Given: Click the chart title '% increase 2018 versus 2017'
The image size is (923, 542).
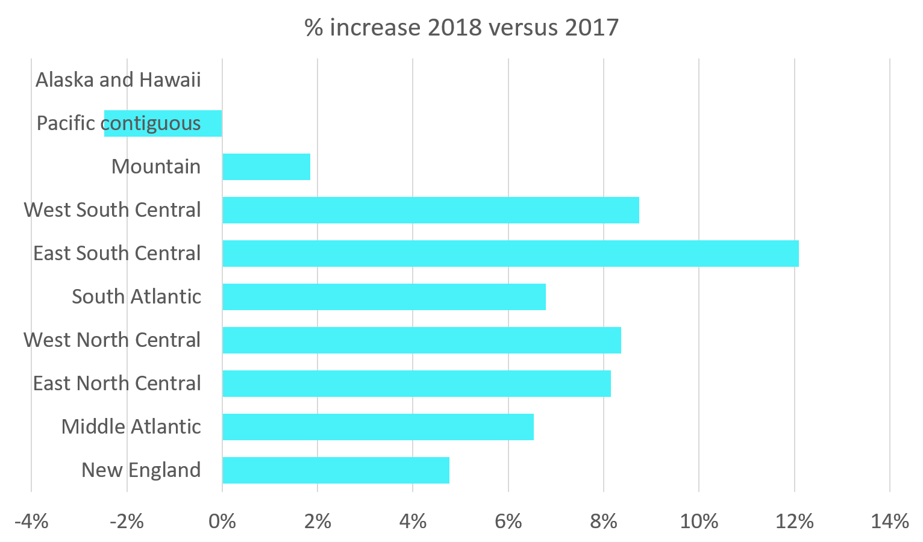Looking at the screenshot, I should click(461, 28).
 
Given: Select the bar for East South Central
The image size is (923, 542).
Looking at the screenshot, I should click(510, 254).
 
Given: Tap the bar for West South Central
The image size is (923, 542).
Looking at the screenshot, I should click(431, 210).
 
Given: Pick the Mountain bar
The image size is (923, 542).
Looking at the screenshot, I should click(266, 167).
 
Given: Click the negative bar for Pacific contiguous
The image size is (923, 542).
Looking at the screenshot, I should click(163, 123).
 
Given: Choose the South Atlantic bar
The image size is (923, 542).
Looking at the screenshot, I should click(384, 297).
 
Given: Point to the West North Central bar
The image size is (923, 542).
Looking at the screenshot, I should click(422, 340).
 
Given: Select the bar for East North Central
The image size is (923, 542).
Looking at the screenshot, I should click(416, 384).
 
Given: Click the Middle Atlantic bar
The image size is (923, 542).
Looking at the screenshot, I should click(378, 427).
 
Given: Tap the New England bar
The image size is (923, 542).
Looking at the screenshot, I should click(336, 470).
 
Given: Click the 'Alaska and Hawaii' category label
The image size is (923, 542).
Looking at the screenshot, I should click(118, 80).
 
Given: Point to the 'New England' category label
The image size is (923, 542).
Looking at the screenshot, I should click(141, 470).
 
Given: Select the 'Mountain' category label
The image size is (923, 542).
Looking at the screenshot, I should click(156, 167).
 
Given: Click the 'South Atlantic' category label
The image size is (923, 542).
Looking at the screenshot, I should click(136, 297).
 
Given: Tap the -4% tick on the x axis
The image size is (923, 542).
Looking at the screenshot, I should click(31, 521).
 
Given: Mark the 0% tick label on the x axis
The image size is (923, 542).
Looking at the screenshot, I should click(222, 521).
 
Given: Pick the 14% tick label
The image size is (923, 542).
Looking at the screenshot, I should click(889, 521).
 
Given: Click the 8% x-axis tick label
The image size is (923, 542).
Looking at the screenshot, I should click(604, 521).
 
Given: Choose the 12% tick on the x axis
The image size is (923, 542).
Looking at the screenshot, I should click(794, 521).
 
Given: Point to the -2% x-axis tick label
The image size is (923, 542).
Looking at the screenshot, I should click(127, 521).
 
